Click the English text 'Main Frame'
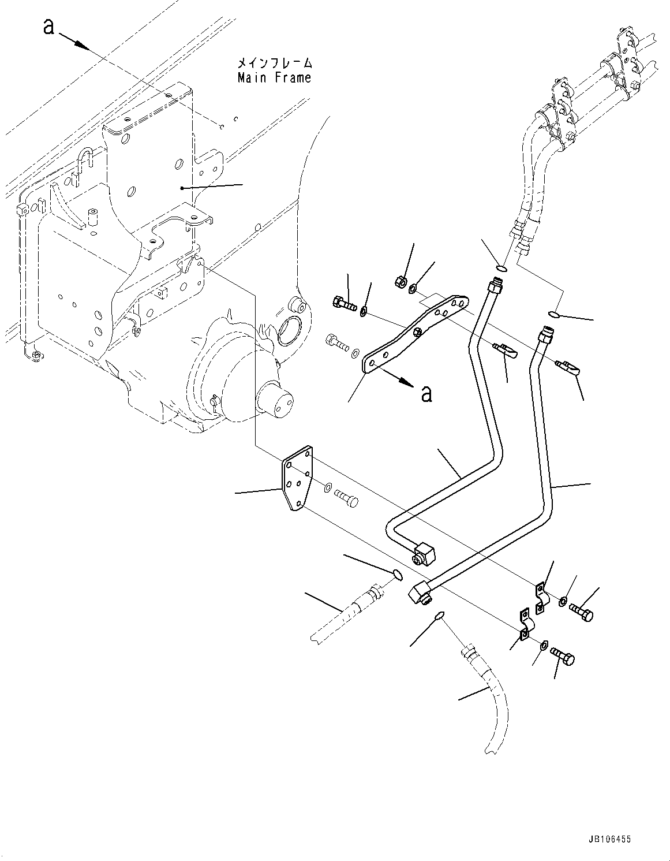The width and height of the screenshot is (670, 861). [x=274, y=77]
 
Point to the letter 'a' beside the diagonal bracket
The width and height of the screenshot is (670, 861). [x=426, y=393]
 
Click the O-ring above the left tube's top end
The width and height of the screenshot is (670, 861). [x=501, y=267]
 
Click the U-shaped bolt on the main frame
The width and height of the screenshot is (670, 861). [x=85, y=160]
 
